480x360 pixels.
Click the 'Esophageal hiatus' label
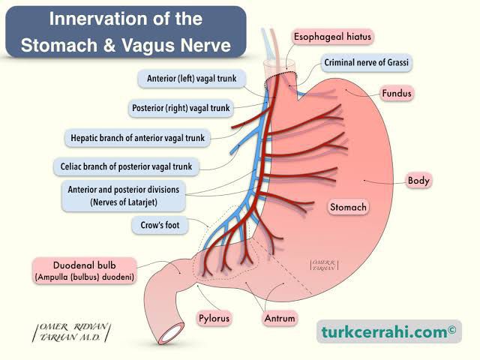[x=333, y=36]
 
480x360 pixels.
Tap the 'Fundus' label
[x=398, y=93]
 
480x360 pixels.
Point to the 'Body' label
[x=418, y=180]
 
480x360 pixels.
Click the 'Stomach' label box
[x=348, y=206]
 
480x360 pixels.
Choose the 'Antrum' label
[x=279, y=319]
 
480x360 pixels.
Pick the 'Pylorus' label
[x=214, y=319]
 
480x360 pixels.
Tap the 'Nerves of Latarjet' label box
[x=123, y=196]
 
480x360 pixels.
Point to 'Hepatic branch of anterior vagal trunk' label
[x=136, y=137]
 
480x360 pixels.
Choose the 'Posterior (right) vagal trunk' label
[x=181, y=107]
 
